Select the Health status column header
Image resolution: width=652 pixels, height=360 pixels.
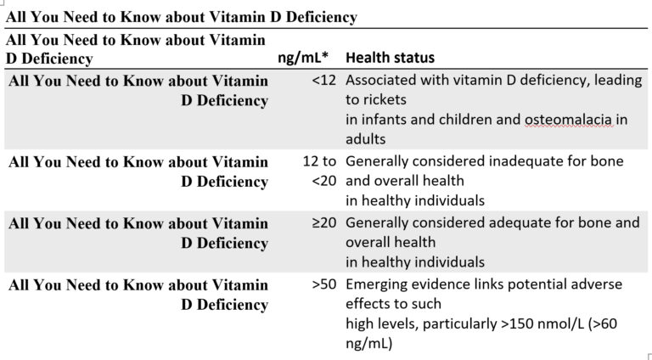[x=390, y=59]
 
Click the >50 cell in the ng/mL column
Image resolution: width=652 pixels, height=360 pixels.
[x=324, y=284]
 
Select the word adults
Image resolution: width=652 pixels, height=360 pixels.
[x=365, y=139]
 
